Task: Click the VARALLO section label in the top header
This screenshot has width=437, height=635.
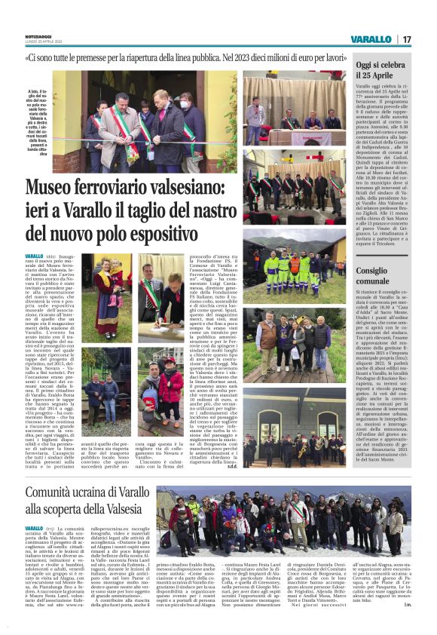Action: tap(371, 38)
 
